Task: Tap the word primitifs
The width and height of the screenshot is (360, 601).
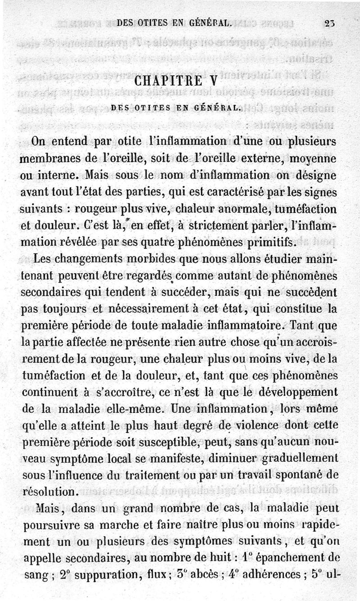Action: coord(272,243)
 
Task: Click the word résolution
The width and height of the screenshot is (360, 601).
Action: coord(52,490)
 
